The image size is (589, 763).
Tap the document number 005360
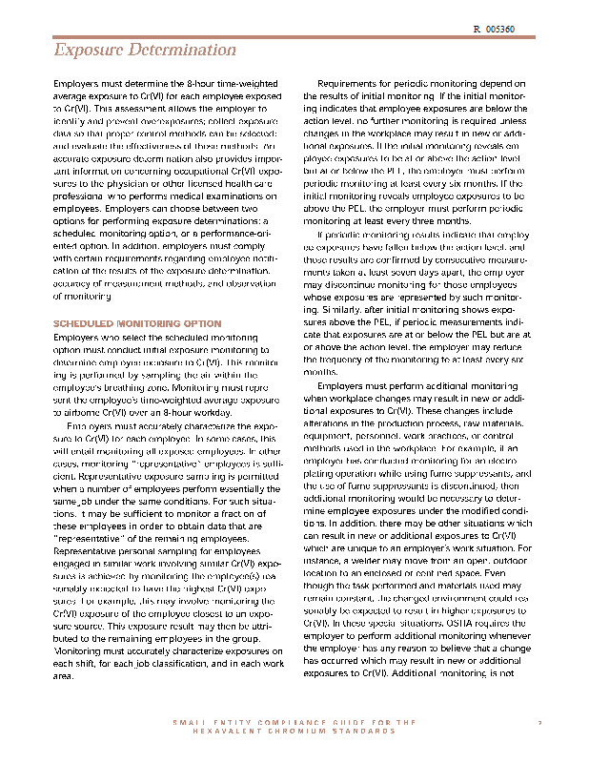tap(499, 31)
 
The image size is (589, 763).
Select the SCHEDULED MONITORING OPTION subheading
tap(137, 324)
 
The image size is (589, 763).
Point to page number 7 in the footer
tap(539, 723)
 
